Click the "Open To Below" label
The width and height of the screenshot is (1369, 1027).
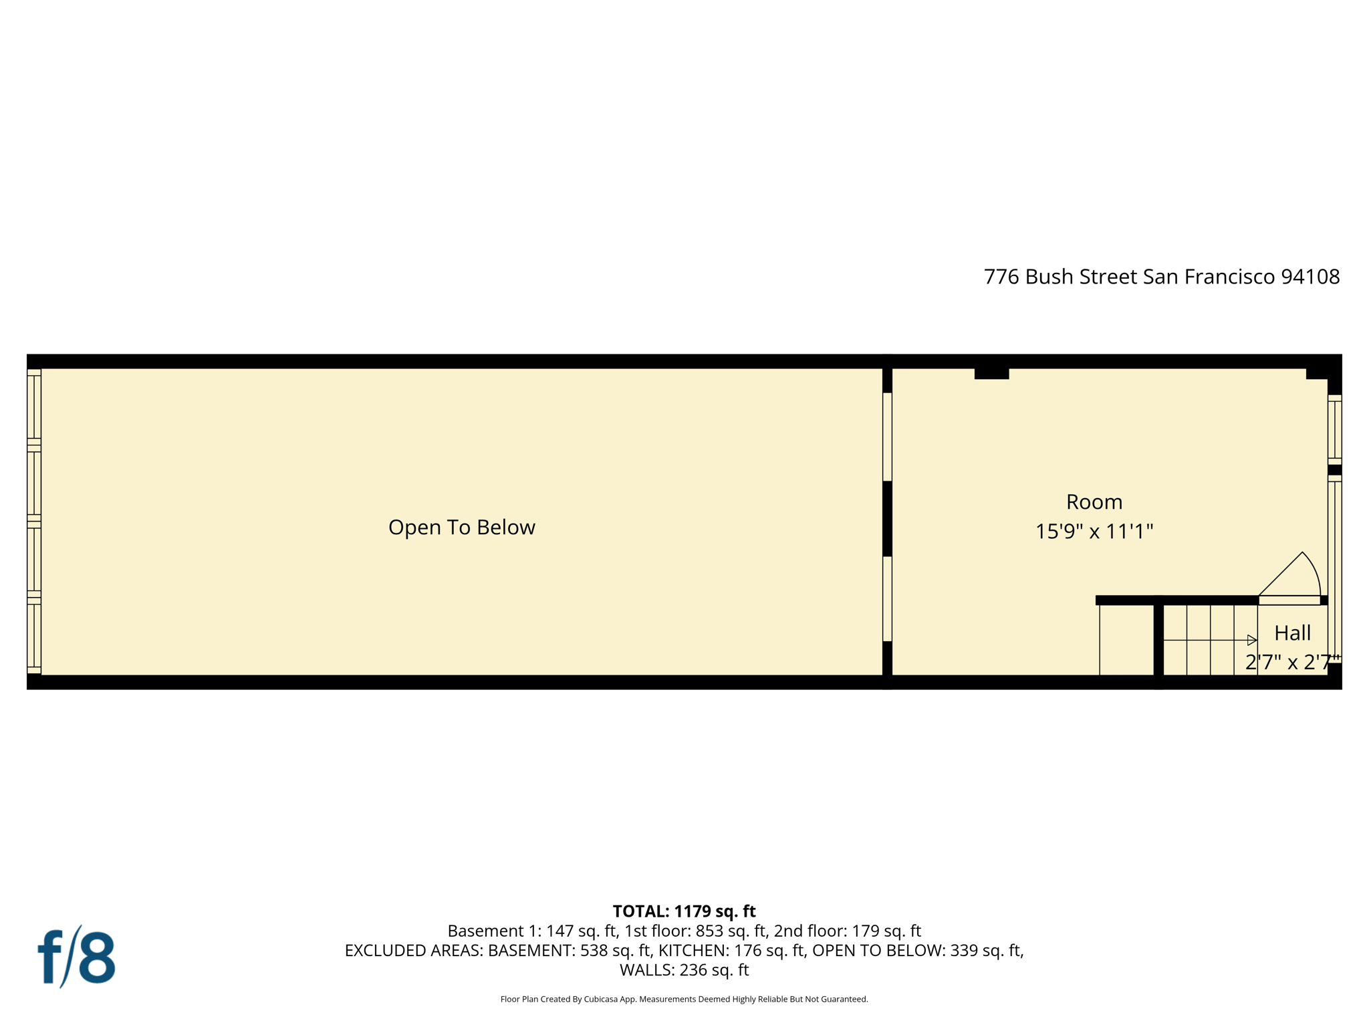point(461,528)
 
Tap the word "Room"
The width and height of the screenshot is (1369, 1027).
point(1094,502)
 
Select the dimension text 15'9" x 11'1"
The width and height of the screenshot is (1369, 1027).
point(1094,532)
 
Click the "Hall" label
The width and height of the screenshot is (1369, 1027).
point(1292,633)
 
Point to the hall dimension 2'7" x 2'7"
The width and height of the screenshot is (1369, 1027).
point(1291,662)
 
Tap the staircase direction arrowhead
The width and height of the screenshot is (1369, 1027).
point(1252,640)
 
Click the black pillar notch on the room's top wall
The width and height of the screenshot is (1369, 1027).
point(991,373)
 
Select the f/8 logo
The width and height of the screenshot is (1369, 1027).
point(76,957)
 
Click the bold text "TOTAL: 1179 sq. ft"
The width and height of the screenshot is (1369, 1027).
point(684,911)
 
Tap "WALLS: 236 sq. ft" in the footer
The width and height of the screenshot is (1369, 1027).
point(684,970)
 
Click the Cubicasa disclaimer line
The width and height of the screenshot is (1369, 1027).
point(684,999)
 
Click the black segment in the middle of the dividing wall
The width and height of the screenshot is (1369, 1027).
point(887,518)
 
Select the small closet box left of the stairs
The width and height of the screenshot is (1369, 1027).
point(1126,640)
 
